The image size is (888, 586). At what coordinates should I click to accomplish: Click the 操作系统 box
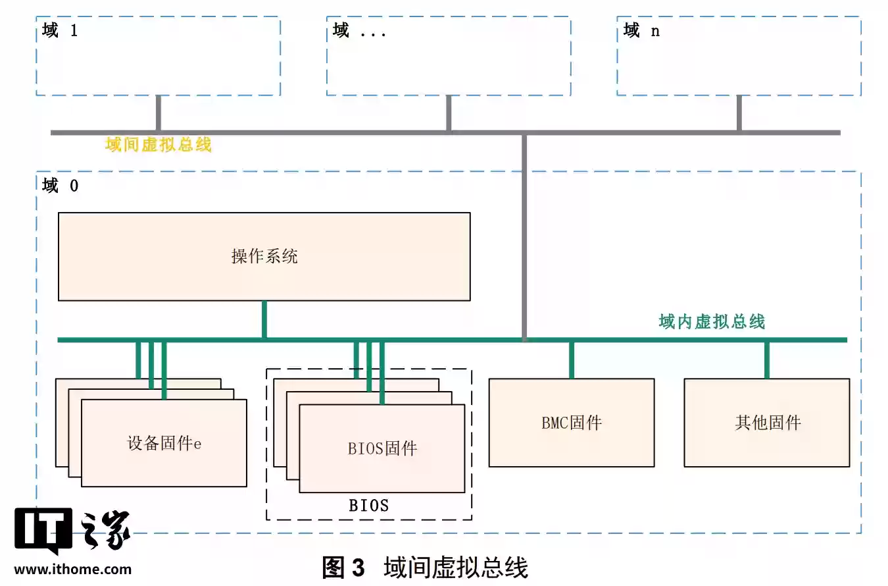point(264,256)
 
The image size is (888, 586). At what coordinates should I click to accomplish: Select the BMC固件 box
point(571,422)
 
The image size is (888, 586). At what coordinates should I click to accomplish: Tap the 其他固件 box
point(767,422)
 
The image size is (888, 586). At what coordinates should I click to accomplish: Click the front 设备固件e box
point(164,443)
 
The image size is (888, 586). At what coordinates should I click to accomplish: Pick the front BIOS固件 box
point(382,448)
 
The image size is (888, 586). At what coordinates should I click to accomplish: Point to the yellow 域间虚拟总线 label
point(159,145)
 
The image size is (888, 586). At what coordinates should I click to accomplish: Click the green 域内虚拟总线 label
point(712,322)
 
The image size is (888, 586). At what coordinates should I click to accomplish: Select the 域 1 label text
point(60,30)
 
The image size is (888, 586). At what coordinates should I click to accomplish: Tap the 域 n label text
point(641,30)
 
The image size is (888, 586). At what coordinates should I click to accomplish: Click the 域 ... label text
point(359,30)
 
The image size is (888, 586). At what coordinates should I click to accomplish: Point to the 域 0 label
point(60,186)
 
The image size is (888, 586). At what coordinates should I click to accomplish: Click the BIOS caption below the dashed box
point(368,506)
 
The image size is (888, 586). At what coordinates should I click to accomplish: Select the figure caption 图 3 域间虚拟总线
point(425,567)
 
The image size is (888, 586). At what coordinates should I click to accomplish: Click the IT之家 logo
point(72,531)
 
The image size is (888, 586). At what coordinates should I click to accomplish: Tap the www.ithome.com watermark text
point(72,570)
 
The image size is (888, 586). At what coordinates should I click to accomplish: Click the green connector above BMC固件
point(571,360)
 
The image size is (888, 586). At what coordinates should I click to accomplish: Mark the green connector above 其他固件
point(767,360)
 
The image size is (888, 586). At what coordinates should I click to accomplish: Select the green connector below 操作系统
point(264,320)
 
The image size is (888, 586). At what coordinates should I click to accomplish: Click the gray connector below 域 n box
point(739,113)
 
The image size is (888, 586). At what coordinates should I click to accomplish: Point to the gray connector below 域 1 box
point(159,113)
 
